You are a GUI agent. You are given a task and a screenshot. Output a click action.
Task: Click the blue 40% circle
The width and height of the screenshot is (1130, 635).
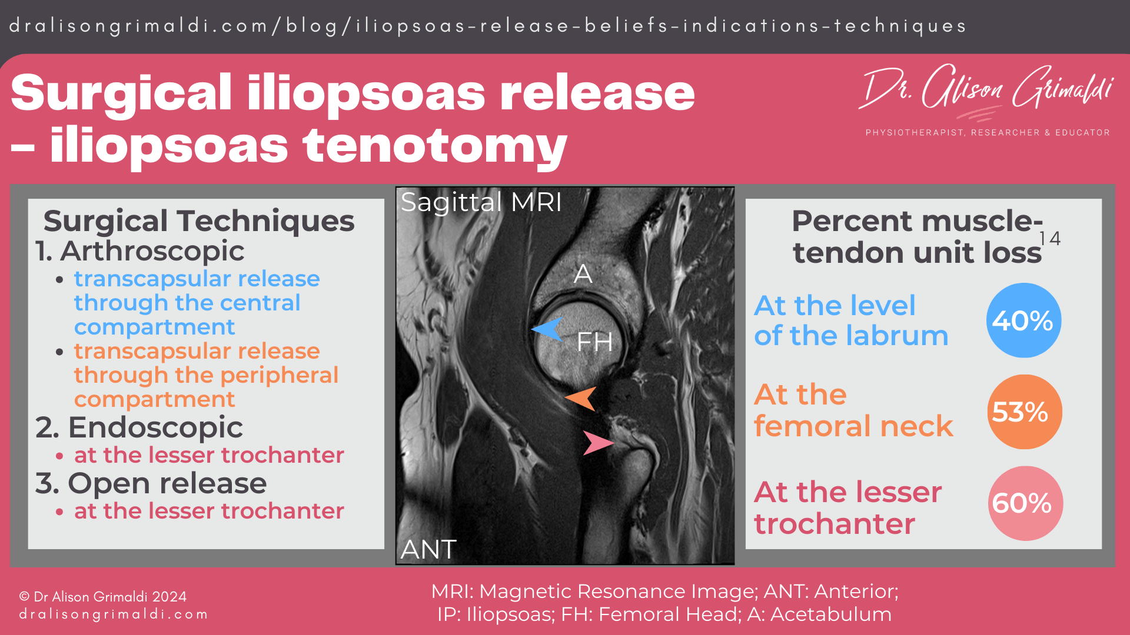pos(1023,320)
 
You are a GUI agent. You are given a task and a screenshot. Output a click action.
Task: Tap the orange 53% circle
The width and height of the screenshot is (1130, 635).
pos(1024,412)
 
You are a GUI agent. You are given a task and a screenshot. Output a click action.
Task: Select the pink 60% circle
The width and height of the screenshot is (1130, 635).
pos(1025,503)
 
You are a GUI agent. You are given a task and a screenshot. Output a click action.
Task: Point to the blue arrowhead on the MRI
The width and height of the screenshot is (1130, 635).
pos(547,329)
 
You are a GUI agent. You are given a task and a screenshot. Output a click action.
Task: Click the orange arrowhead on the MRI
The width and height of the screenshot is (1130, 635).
pos(581,399)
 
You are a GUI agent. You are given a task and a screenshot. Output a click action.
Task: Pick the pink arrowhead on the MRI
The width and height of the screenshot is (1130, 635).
pos(597,442)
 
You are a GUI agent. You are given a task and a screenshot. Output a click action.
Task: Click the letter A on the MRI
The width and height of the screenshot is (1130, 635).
pos(583,274)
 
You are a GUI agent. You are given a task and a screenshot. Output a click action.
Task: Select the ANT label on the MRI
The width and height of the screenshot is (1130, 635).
pos(428,550)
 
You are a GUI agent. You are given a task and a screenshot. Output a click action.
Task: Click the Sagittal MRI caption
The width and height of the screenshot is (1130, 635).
pos(481,202)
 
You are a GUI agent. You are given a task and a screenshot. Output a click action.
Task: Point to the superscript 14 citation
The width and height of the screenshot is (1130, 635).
pos(1049,238)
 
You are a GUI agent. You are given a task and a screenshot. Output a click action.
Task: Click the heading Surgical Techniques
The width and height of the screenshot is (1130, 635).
pos(199,221)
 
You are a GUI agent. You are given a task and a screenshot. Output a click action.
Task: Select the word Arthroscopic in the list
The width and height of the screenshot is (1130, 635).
pos(152,251)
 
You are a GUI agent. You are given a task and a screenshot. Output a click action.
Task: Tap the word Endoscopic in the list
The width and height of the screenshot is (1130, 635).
pos(155,427)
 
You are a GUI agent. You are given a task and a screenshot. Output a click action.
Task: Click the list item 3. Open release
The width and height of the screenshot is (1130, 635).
pos(151,483)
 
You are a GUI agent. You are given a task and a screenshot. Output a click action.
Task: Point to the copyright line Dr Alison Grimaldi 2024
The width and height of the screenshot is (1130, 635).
pos(103,597)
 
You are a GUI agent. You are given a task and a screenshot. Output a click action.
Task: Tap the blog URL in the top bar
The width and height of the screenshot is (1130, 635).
pos(487,26)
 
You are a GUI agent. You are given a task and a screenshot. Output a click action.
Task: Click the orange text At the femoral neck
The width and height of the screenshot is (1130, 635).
pos(853,410)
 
